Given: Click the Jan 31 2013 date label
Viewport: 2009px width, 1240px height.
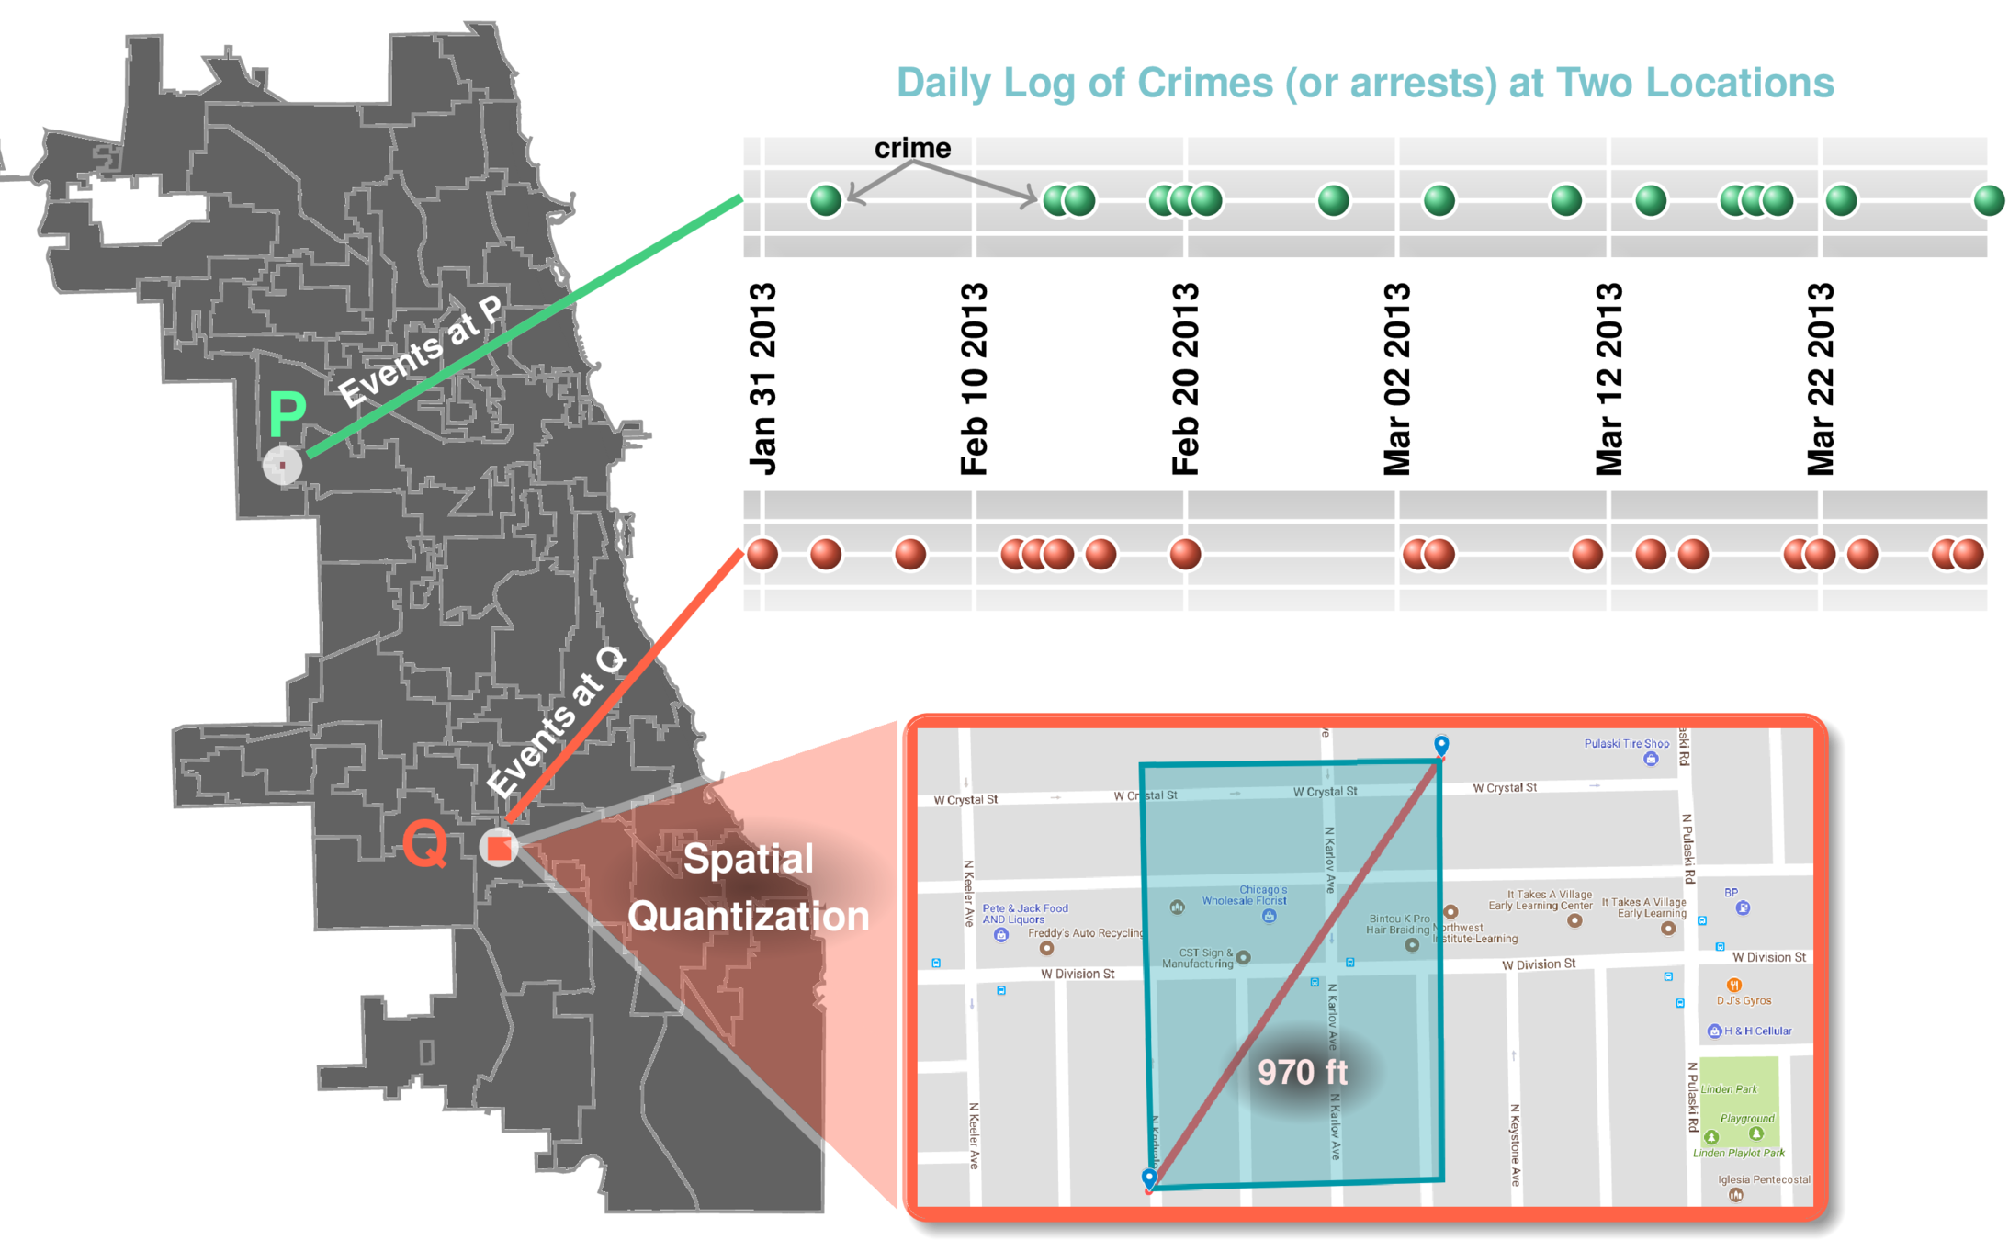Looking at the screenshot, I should click(x=762, y=378).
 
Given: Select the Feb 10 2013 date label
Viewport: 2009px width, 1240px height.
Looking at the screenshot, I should click(x=974, y=378).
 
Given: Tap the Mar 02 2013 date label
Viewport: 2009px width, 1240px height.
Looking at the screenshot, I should click(x=1396, y=378).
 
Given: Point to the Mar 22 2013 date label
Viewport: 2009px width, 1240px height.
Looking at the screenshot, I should click(x=1820, y=378).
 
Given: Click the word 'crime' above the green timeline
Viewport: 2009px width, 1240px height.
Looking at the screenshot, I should click(x=912, y=148).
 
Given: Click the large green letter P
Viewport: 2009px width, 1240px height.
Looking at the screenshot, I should click(x=287, y=414).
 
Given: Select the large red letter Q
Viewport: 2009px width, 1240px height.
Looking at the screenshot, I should click(x=425, y=843).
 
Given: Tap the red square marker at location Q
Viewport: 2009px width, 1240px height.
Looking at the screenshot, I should click(x=499, y=848).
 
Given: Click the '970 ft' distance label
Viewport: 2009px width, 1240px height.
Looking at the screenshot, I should click(x=1302, y=1072).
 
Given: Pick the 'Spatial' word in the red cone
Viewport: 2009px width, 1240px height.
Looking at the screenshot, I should click(x=748, y=859).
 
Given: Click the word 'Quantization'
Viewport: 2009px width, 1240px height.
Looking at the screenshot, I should click(x=748, y=917).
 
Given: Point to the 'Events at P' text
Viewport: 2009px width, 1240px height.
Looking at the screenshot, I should click(x=420, y=352).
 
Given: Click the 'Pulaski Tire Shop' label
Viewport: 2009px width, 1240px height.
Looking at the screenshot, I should click(x=1626, y=744).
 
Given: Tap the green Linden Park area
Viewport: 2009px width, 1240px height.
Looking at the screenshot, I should click(x=1738, y=1102).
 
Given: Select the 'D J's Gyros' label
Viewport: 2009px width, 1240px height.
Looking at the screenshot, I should click(x=1744, y=1000).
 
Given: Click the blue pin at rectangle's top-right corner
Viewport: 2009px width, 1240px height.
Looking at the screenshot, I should click(x=1441, y=745).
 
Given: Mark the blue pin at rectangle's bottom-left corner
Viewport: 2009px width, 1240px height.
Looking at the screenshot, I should click(x=1148, y=1178).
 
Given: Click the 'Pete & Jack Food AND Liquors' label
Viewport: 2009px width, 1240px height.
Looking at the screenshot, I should click(x=1024, y=914).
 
